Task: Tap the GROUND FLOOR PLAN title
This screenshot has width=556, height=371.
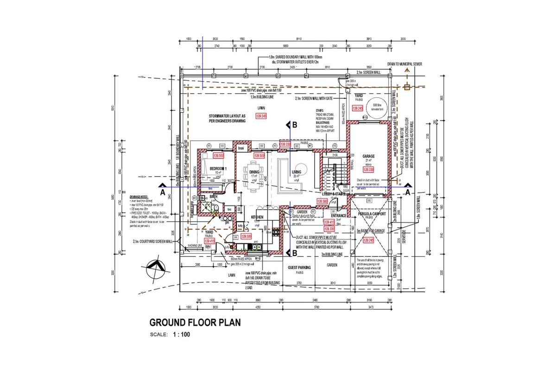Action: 195,322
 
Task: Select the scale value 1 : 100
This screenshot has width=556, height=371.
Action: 181,334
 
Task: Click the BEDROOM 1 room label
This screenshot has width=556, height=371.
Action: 218,168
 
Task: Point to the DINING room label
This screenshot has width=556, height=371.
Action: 254,172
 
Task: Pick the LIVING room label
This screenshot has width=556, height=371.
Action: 297,172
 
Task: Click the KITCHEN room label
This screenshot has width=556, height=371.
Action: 257,217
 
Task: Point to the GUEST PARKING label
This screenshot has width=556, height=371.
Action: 299,268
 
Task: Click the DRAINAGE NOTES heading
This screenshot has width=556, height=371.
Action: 141,197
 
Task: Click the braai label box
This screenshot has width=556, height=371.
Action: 240,148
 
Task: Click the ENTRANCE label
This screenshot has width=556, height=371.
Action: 339,215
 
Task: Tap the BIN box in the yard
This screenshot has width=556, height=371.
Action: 208,247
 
